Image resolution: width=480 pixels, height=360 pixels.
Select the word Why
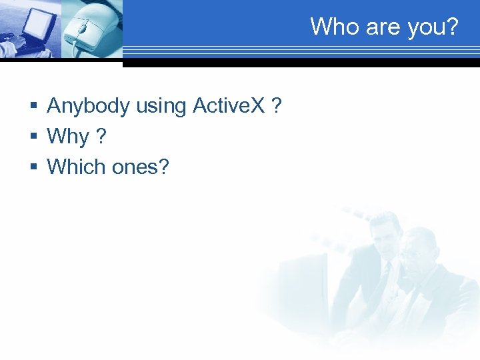68,137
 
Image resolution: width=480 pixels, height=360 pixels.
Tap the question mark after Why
101,136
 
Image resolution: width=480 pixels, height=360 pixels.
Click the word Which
77,166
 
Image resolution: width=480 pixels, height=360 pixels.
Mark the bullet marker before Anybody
33,107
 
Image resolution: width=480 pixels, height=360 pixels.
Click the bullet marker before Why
33,137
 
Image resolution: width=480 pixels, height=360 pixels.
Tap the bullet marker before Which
33,167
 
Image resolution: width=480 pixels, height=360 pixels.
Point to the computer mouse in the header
91,30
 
